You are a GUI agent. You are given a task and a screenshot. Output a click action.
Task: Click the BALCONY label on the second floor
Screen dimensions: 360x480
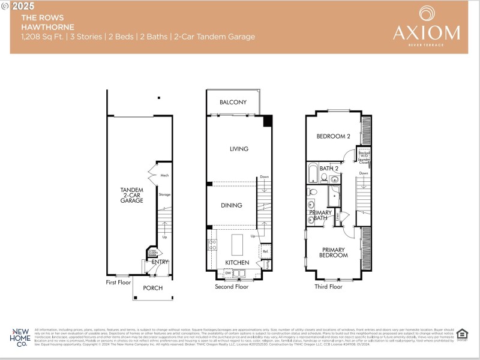[x=233, y=102]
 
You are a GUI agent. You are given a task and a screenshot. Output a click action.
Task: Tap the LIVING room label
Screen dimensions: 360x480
[x=238, y=149]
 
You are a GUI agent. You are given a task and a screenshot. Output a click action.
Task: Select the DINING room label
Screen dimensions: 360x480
[x=231, y=205]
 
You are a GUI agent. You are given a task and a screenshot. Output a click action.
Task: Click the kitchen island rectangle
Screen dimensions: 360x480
[x=238, y=245]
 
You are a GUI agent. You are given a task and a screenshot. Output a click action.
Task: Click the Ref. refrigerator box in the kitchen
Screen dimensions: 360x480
[x=265, y=251]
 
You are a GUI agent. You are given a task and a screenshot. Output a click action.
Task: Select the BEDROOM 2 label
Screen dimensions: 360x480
[x=333, y=136]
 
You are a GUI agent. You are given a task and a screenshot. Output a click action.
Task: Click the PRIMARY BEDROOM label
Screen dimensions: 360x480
[x=334, y=253]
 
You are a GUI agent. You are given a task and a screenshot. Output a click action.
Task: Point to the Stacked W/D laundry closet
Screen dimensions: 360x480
[x=364, y=155]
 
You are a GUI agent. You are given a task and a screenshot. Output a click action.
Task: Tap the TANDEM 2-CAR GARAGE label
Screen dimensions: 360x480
[x=131, y=196]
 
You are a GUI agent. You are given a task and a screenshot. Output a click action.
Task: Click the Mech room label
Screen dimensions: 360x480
[x=165, y=176]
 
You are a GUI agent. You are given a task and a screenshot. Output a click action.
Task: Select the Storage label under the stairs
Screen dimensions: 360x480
[x=164, y=194]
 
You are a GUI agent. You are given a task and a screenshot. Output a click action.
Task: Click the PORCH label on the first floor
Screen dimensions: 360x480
[x=152, y=288]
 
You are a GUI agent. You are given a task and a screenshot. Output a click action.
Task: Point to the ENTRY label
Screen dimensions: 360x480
[x=160, y=262]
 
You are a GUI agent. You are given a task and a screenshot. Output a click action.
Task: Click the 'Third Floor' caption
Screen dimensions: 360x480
[x=328, y=287]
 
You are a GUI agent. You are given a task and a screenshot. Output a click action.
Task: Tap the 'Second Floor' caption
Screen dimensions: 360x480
[x=232, y=287]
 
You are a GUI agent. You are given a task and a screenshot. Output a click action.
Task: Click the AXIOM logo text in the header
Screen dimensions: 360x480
[x=427, y=32]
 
